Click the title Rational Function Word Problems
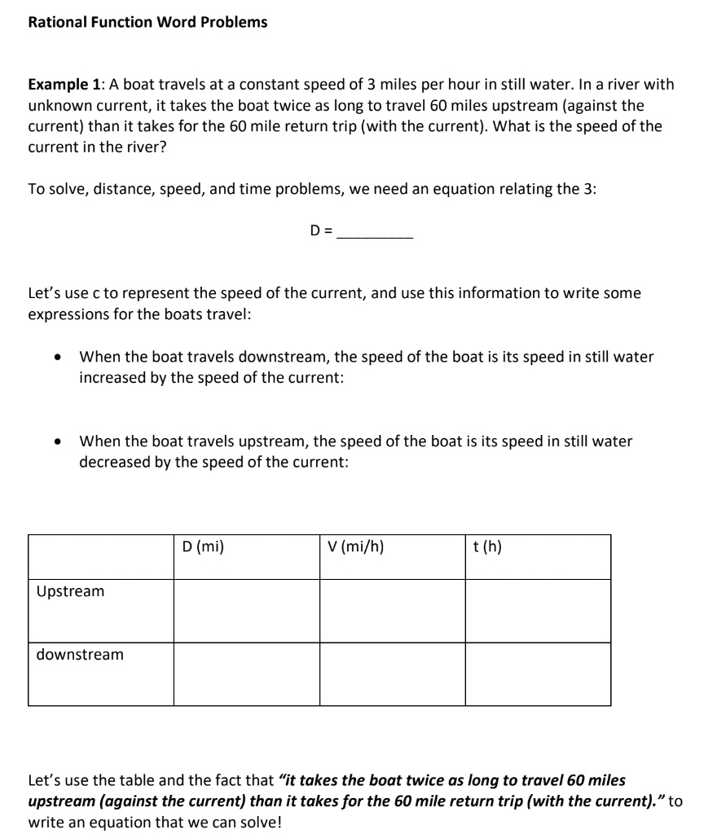tap(147, 22)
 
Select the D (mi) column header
tap(203, 547)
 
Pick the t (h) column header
tap(487, 547)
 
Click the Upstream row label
tap(70, 591)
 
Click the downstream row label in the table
tap(80, 655)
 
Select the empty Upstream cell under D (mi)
tap(246, 611)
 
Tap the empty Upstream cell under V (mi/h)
tap(392, 611)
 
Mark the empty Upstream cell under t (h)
tap(538, 611)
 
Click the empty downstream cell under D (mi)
tap(246, 674)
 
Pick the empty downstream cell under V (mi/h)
tap(392, 674)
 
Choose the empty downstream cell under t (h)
tap(538, 674)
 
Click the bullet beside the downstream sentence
tap(56, 358)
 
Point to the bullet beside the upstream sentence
tap(56, 442)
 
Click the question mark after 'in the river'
tap(151, 148)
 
